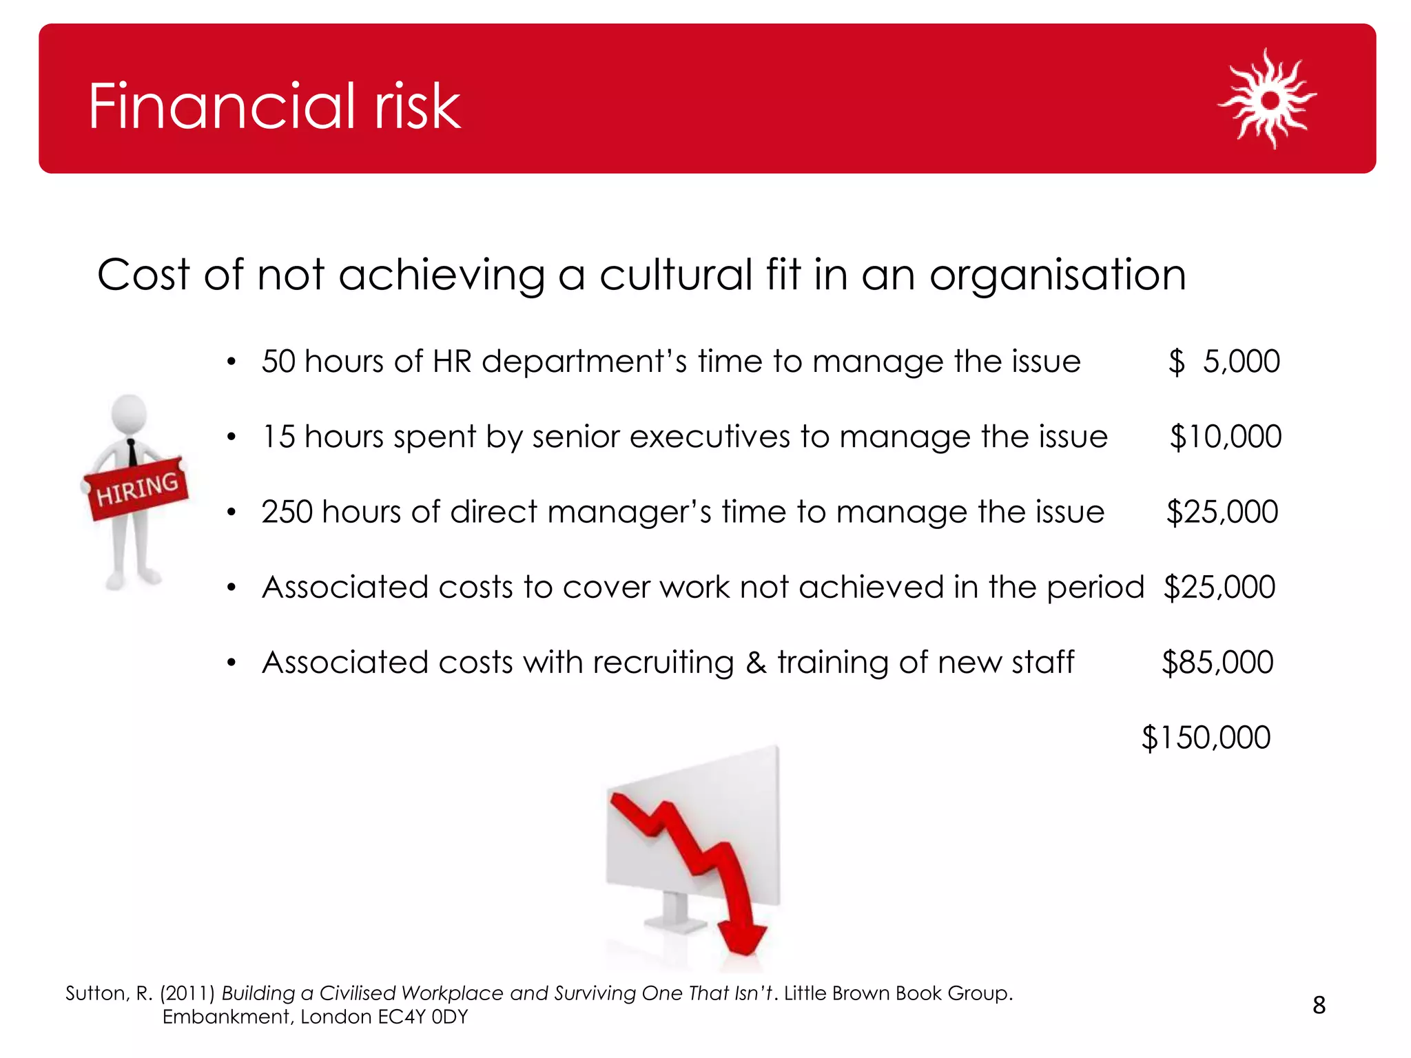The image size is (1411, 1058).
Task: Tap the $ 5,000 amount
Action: (1224, 362)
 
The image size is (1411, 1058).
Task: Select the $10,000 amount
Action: (1226, 437)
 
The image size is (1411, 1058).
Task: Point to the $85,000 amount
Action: (1217, 663)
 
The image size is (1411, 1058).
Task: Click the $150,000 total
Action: (1206, 738)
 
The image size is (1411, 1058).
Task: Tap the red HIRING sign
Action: (137, 488)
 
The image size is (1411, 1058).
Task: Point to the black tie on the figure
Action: (132, 454)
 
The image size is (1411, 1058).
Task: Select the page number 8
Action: (1319, 1006)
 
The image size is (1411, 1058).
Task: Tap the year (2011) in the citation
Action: (187, 993)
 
